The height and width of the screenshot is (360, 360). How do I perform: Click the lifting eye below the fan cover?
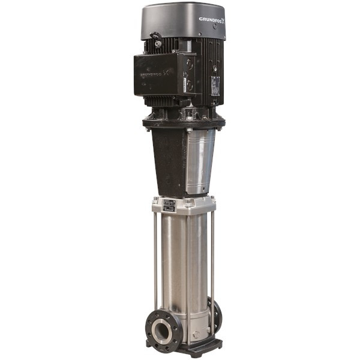pos(158,41)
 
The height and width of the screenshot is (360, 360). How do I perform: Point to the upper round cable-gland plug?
pos(190,63)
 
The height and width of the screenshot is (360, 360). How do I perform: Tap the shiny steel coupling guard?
pos(200,161)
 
